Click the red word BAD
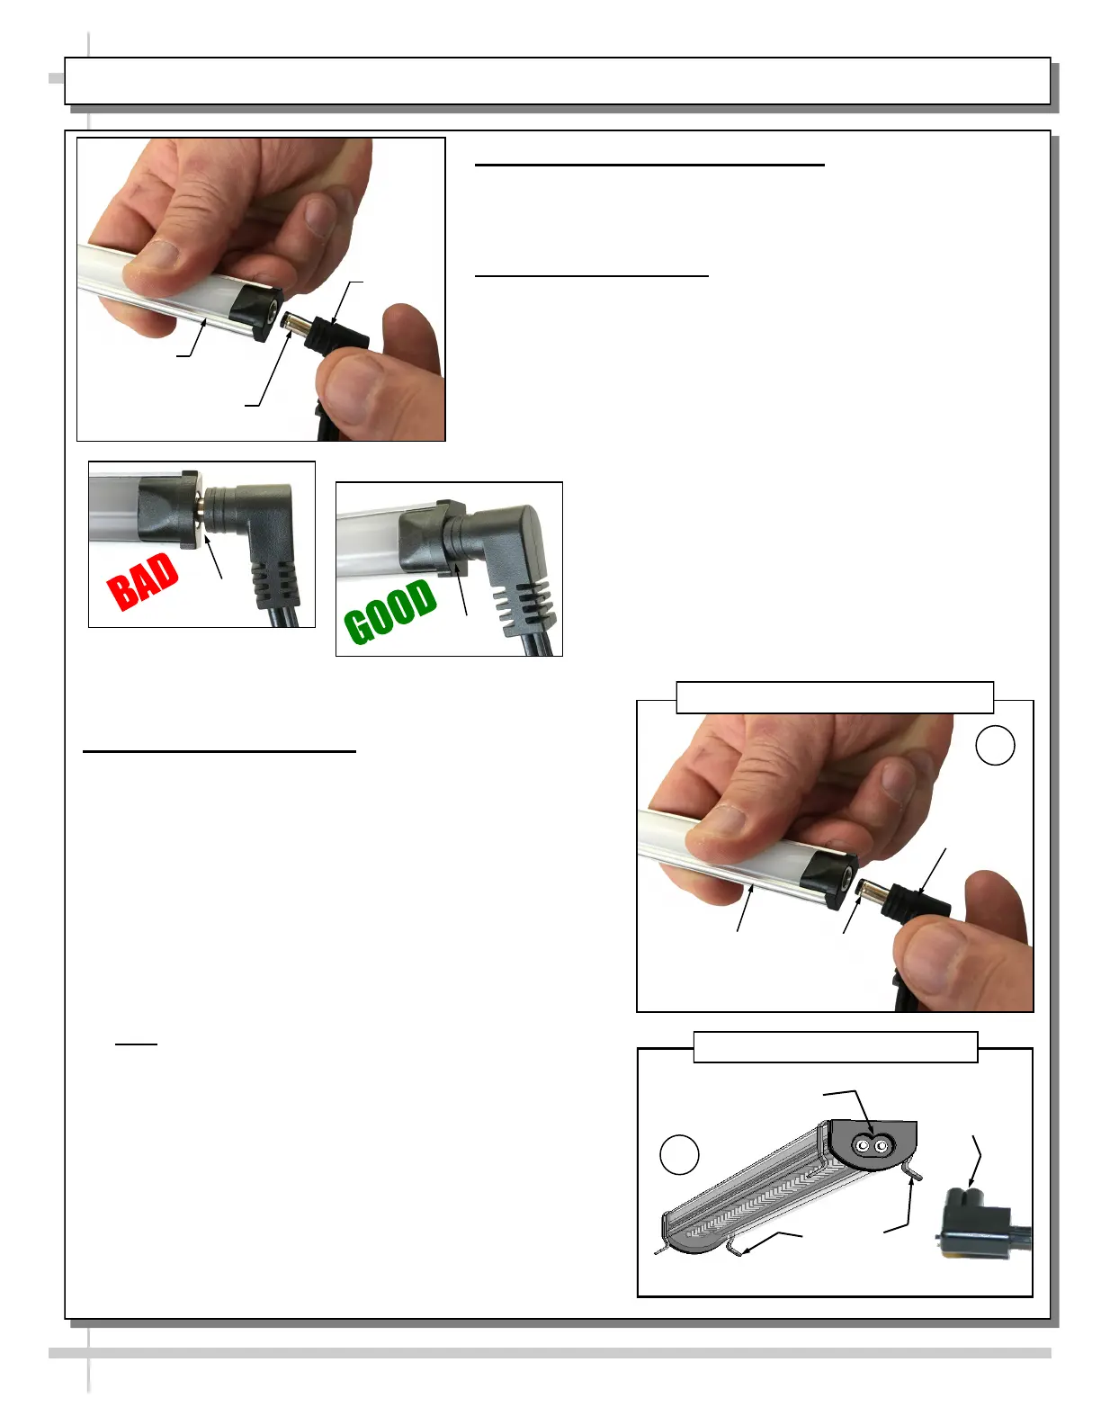coord(143,581)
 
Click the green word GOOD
coord(390,611)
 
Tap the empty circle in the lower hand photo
coord(995,746)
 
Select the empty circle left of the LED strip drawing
coord(679,1154)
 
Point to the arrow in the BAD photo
coord(214,557)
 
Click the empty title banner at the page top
coord(558,81)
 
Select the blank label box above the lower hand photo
coord(835,697)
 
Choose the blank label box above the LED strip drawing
coord(836,1046)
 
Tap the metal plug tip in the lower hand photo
coord(868,889)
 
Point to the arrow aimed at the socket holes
coord(850,1109)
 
